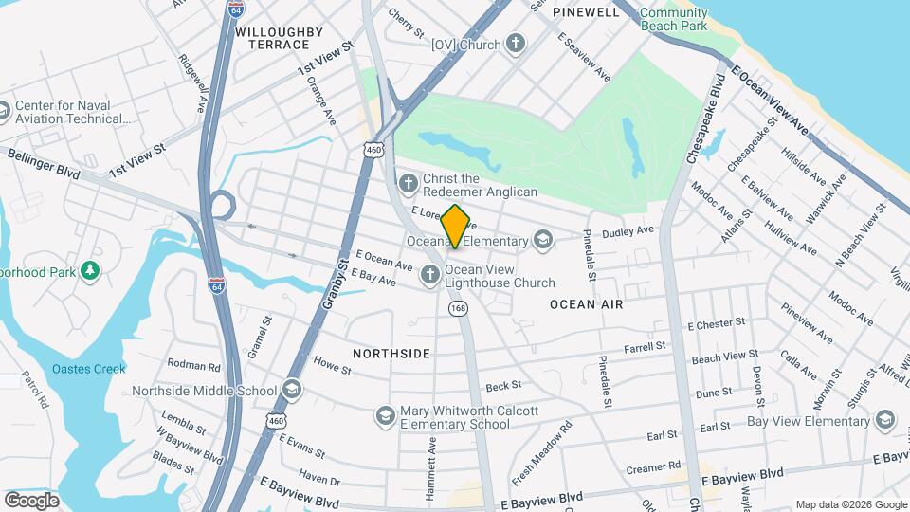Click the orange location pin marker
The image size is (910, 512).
(x=456, y=226)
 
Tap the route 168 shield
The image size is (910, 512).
(x=459, y=308)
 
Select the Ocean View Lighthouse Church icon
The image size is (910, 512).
(x=429, y=276)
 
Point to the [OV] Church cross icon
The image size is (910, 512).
(x=515, y=44)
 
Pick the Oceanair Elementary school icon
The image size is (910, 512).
(x=543, y=240)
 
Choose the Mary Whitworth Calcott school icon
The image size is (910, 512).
(x=385, y=416)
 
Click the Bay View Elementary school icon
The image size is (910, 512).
(x=884, y=420)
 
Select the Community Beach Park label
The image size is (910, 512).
(x=673, y=19)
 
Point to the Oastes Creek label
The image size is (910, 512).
(x=88, y=369)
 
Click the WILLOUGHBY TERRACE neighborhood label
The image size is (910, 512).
(x=273, y=38)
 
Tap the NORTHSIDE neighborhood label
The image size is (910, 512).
(x=391, y=354)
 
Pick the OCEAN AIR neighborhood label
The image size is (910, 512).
(x=587, y=304)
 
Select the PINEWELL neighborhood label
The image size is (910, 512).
(x=586, y=11)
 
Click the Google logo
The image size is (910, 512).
(x=31, y=500)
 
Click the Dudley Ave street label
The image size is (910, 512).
(x=628, y=230)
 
